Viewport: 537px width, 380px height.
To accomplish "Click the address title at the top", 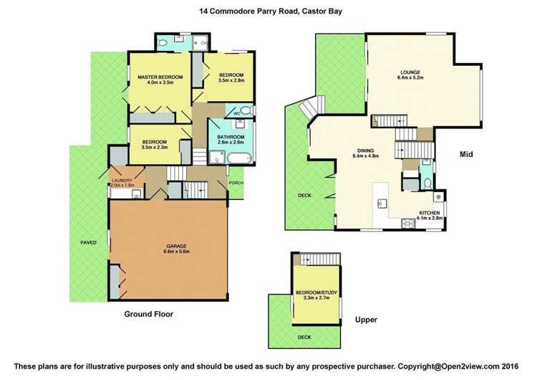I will click(x=268, y=11).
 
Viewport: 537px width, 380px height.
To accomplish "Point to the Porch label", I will click(x=236, y=182).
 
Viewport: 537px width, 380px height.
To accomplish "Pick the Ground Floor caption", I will click(x=148, y=314).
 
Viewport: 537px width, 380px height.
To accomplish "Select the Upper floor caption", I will click(x=366, y=320).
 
